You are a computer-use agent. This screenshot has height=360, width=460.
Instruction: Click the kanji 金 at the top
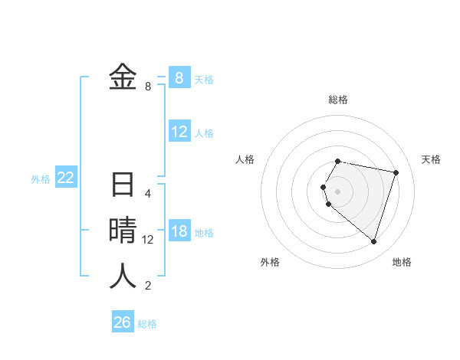point(123,77)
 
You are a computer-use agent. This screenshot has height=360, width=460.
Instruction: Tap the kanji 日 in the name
point(123,185)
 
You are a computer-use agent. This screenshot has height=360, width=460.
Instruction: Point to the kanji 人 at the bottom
point(123,276)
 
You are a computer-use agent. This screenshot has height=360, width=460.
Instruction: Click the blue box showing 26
point(123,322)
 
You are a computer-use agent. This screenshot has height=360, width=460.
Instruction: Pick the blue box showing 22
point(66,178)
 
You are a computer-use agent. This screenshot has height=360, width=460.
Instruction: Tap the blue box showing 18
point(179,231)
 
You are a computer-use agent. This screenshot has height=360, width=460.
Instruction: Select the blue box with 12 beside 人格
point(179,132)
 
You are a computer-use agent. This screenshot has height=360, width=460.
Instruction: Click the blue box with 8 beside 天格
point(179,77)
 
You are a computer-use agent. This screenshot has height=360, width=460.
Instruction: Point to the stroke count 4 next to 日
point(148,194)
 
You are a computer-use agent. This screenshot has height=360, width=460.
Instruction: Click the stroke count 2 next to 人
point(148,286)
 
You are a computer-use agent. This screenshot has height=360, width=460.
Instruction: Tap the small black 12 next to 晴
point(148,240)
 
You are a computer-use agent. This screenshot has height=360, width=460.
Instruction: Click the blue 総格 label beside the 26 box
point(147,324)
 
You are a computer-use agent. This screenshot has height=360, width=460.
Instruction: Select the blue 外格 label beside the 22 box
point(41,179)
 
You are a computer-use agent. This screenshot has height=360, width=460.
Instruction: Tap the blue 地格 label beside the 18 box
point(205,233)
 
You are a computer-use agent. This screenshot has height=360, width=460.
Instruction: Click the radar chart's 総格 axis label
point(338,100)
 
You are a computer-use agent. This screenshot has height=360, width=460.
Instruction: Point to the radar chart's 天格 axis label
point(432,159)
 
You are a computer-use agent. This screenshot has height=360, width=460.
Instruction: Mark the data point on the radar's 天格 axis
point(396,172)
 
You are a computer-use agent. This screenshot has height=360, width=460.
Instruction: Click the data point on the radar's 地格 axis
point(373,241)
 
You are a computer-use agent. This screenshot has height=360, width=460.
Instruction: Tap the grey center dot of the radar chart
point(338,191)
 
